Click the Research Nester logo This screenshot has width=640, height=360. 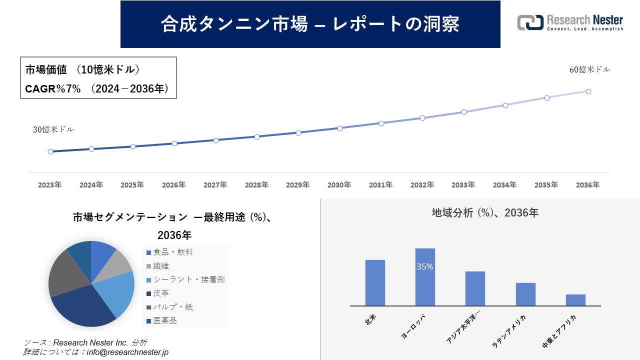coord(570,22)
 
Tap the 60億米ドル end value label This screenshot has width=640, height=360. coord(589,70)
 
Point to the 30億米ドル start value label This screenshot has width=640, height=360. coord(53,129)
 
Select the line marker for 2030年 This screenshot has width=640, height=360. coord(340,128)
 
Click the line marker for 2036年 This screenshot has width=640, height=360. coord(588,91)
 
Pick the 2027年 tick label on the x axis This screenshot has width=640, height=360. coord(215,185)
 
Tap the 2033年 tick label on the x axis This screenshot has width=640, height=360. coord(463,185)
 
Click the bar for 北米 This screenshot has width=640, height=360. coord(375,282)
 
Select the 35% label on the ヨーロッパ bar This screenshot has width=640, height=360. coord(425,267)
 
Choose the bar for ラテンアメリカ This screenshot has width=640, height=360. coord(525,294)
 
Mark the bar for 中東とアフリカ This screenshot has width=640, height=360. coord(575,299)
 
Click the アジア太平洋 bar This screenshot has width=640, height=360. coord(475,288)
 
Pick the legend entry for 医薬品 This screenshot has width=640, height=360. coord(164,321)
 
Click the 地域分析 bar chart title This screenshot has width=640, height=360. coord(484,212)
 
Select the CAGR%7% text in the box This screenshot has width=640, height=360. coord(52,89)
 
